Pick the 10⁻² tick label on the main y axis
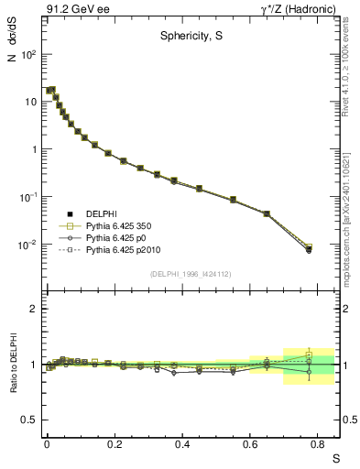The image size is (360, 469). [x=28, y=245]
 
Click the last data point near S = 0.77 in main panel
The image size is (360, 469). [x=309, y=248]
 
